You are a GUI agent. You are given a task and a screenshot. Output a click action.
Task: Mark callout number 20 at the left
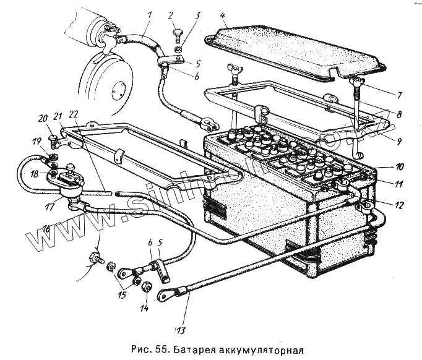41,119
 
